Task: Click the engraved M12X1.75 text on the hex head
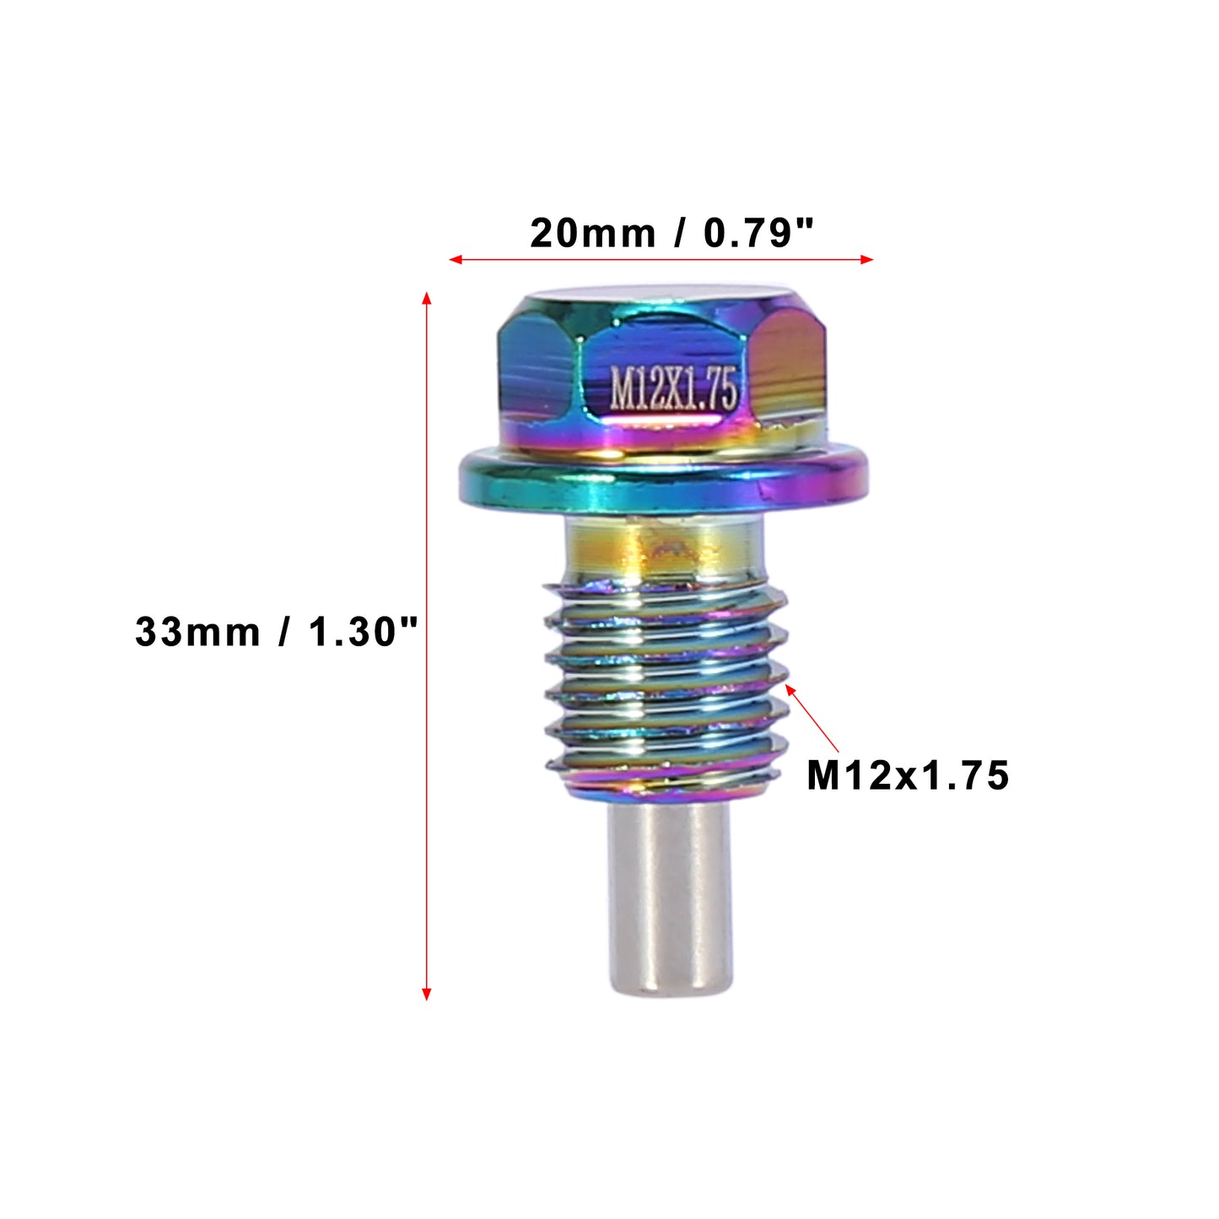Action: [x=673, y=388]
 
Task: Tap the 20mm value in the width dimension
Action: [x=593, y=234]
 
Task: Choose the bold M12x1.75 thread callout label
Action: [x=908, y=776]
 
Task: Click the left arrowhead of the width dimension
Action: [x=456, y=259]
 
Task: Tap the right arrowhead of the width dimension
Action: [x=866, y=259]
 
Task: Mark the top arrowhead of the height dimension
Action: [x=426, y=299]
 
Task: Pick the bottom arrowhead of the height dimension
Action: [x=426, y=993]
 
